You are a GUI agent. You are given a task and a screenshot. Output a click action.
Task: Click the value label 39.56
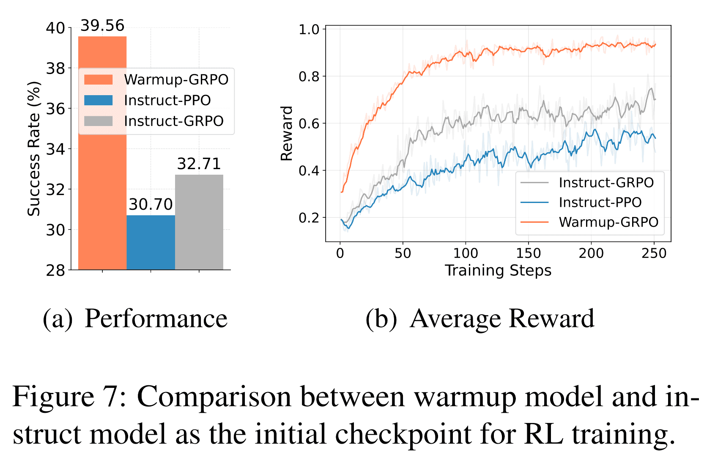(102, 26)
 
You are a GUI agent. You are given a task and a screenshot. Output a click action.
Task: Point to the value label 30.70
(151, 205)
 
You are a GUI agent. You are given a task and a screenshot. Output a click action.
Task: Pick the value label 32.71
(199, 164)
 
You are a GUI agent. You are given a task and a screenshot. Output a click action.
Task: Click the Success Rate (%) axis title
(34, 149)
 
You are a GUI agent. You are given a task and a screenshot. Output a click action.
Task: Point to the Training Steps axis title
(498, 270)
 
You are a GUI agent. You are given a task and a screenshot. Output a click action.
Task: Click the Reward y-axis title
(287, 133)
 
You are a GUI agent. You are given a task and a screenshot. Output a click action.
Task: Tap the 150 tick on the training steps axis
(528, 253)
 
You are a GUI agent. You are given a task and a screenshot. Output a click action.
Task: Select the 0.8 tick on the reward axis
(309, 77)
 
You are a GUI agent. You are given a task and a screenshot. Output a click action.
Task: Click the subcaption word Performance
(156, 318)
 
